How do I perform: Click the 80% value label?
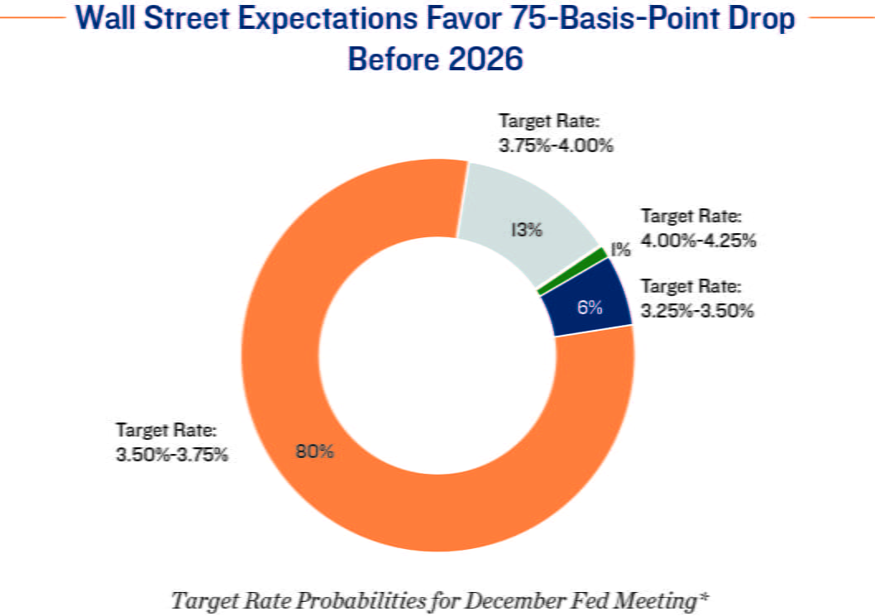314,452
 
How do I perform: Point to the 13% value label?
525,230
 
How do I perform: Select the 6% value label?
590,307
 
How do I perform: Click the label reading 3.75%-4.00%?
556,146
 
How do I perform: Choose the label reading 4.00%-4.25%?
700,241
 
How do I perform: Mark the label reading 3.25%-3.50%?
697,312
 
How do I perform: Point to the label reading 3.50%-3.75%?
172,455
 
